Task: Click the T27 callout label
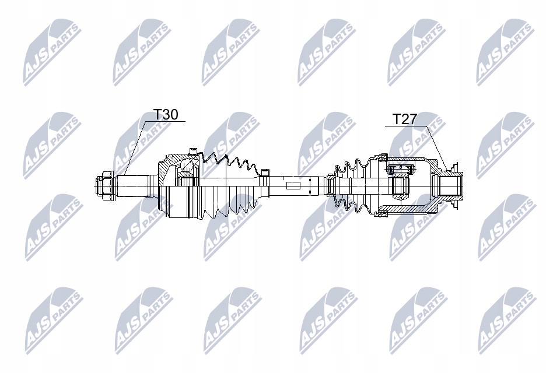[x=404, y=119]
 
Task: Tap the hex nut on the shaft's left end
[x=103, y=185]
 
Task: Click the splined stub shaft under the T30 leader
[x=135, y=185]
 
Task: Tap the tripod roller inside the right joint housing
[x=401, y=181]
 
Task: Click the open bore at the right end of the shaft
[x=449, y=186]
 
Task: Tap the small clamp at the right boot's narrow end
[x=330, y=185]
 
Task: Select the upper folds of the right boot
[x=350, y=166]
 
